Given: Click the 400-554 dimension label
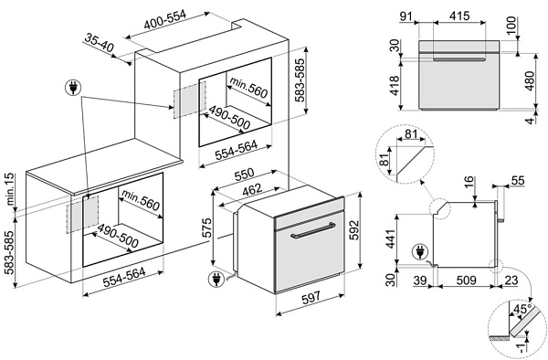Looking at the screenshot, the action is pos(165,19).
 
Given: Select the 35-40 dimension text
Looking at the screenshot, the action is pos(100,43).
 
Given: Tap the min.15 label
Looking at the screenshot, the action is pos(9,189).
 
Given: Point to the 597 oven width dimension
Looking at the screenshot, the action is pos(311,297).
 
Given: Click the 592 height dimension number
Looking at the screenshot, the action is pos(354,230).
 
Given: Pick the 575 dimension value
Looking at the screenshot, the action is pos(207,228).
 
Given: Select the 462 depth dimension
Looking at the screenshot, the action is pos(252,189).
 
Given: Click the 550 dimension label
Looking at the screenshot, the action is pos(244,175).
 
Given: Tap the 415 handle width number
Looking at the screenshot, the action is pos(459,16).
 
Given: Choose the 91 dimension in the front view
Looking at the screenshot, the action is pos(406,16).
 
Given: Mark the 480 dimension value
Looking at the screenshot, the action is pos(530,80).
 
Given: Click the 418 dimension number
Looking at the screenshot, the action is pos(395,86).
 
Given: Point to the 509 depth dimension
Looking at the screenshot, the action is pos(466,280).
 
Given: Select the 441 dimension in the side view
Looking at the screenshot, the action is pos(390,238).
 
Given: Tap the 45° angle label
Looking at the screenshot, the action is pos(522,309).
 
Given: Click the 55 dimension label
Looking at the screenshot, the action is pos(518,180).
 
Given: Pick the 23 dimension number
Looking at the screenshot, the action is pos(511,280).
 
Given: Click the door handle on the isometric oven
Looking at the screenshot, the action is pos(312,230).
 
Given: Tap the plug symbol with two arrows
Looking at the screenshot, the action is pos(73,88).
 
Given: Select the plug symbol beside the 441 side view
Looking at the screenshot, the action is pos(420,252).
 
